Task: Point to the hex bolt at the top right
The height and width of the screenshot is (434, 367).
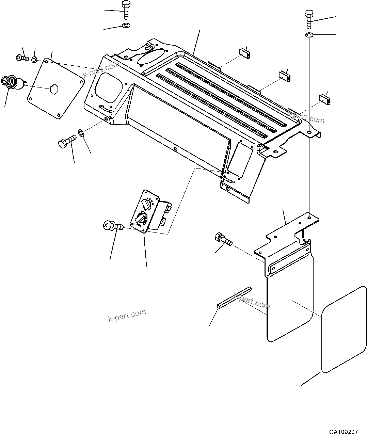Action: [x=309, y=19]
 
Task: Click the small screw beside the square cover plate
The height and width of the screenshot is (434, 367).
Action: [x=22, y=58]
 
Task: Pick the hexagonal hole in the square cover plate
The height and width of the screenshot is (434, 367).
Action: [x=54, y=89]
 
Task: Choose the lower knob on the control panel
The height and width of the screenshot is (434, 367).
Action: [x=140, y=218]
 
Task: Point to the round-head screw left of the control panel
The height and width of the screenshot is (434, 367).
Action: [x=112, y=225]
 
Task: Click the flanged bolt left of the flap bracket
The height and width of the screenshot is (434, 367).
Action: [x=223, y=239]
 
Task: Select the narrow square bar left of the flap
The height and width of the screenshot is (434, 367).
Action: [x=234, y=297]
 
